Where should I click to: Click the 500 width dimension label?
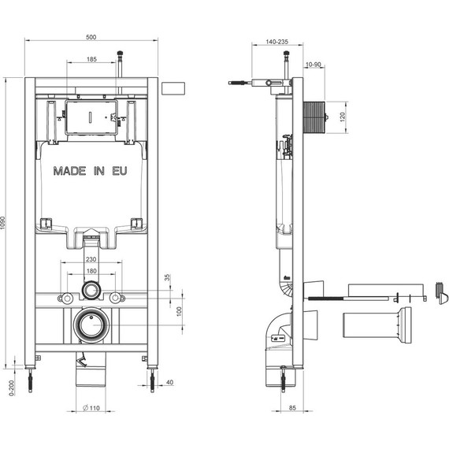coord(91,37)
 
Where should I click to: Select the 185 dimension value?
coord(91,59)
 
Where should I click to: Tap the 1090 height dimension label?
coord(3,223)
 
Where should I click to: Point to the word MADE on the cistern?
coord(69,171)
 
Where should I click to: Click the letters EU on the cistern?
coord(120,171)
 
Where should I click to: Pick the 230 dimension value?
coord(91,259)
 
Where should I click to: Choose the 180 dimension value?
coord(91,271)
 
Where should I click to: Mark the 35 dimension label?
coord(168,277)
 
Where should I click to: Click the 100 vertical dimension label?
coord(180,311)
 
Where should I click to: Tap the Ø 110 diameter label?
coord(91,408)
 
